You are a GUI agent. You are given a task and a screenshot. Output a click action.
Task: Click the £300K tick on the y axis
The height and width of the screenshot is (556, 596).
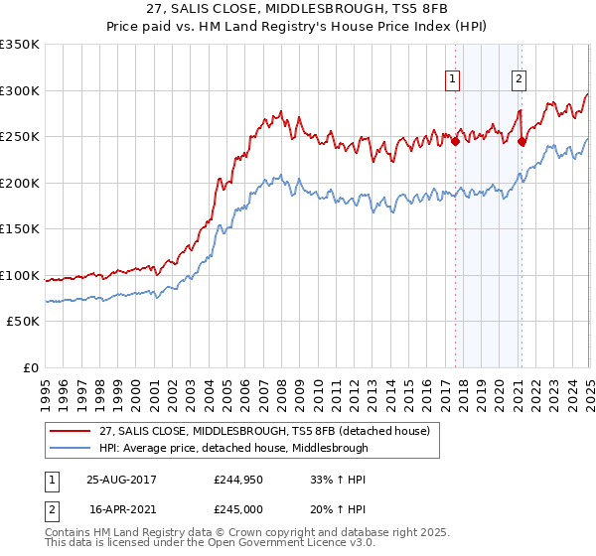coord(21,90)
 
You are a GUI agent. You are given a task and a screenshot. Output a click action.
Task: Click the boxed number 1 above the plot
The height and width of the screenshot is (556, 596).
coord(453,80)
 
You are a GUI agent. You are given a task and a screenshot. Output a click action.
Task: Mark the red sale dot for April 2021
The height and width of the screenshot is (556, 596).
coord(521,141)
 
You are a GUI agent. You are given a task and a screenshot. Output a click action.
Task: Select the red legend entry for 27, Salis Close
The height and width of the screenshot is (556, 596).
coord(263,431)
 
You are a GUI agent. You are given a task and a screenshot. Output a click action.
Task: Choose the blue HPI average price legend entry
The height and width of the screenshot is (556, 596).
coord(233,448)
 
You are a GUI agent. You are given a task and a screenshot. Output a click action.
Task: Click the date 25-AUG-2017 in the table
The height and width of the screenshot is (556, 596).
coord(122,480)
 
